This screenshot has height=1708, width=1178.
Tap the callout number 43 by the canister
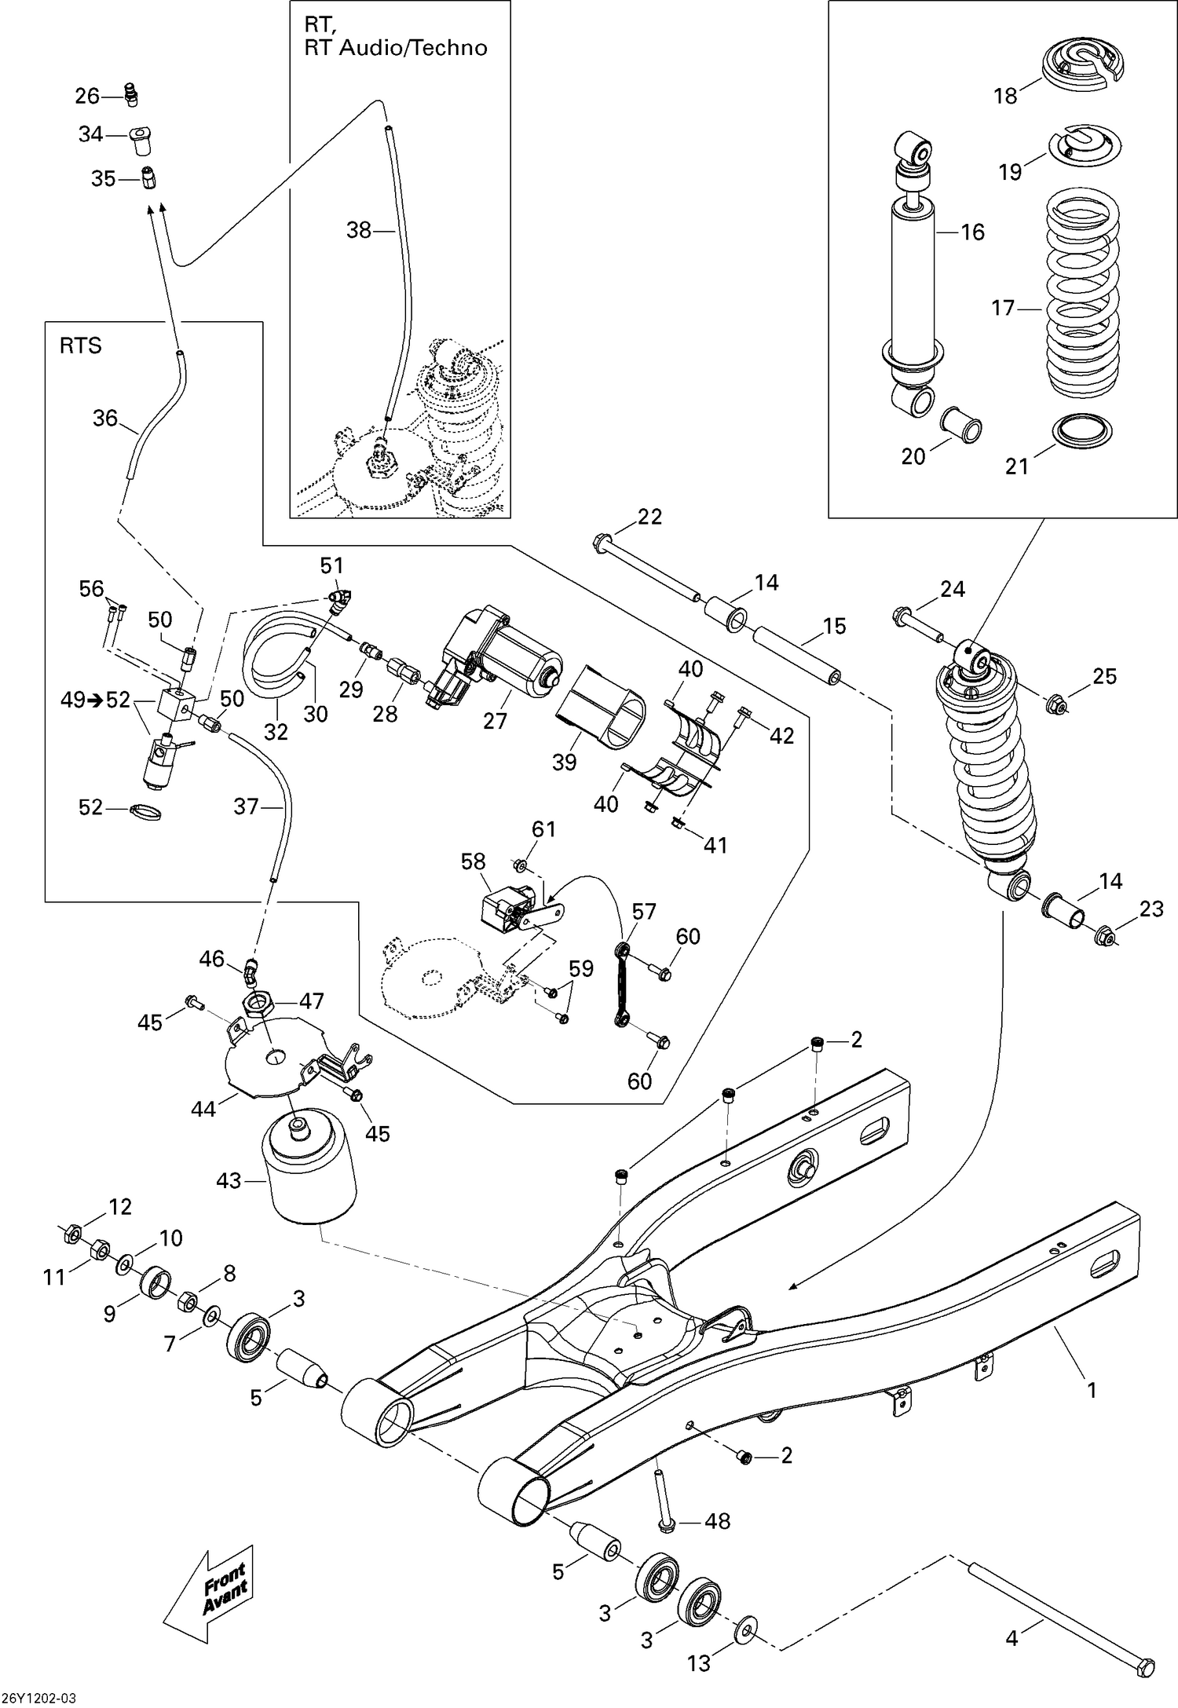click(229, 1180)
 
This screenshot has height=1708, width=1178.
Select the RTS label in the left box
click(81, 346)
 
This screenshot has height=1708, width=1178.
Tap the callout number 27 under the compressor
click(495, 720)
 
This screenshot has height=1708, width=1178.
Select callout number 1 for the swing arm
click(1091, 1390)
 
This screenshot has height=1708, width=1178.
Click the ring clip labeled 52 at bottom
click(146, 811)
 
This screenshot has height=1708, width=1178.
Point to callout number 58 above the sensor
click(473, 861)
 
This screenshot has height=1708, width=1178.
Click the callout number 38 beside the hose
click(359, 230)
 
